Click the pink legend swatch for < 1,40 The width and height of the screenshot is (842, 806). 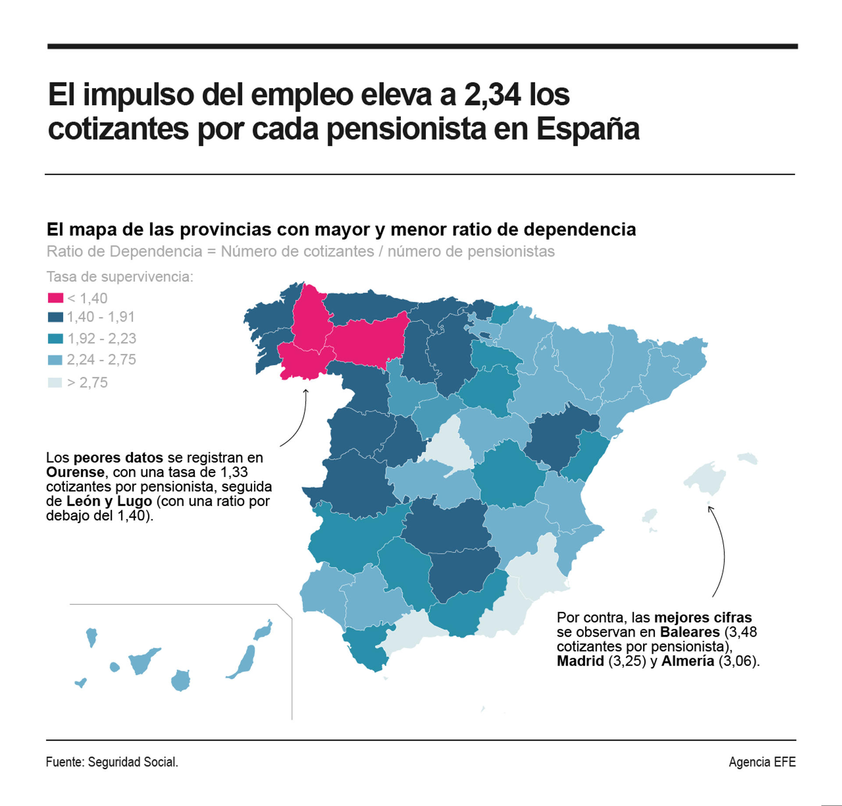click(x=55, y=298)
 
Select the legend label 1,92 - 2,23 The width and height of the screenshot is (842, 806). click(x=101, y=339)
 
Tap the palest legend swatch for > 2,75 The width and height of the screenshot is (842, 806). click(x=55, y=382)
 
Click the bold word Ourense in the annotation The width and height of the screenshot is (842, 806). click(x=75, y=472)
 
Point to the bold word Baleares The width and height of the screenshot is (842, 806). click(x=690, y=632)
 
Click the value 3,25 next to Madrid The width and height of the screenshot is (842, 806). click(x=627, y=661)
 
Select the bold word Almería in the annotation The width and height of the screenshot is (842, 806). click(x=687, y=661)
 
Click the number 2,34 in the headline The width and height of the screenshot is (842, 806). click(x=492, y=95)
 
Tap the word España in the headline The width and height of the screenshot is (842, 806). click(x=588, y=129)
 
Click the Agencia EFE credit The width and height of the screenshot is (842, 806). click(x=762, y=762)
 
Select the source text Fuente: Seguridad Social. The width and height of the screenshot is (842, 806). click(x=112, y=762)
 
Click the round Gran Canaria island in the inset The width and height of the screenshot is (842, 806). click(x=180, y=680)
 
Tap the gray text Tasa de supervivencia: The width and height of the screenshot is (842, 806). click(x=120, y=277)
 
